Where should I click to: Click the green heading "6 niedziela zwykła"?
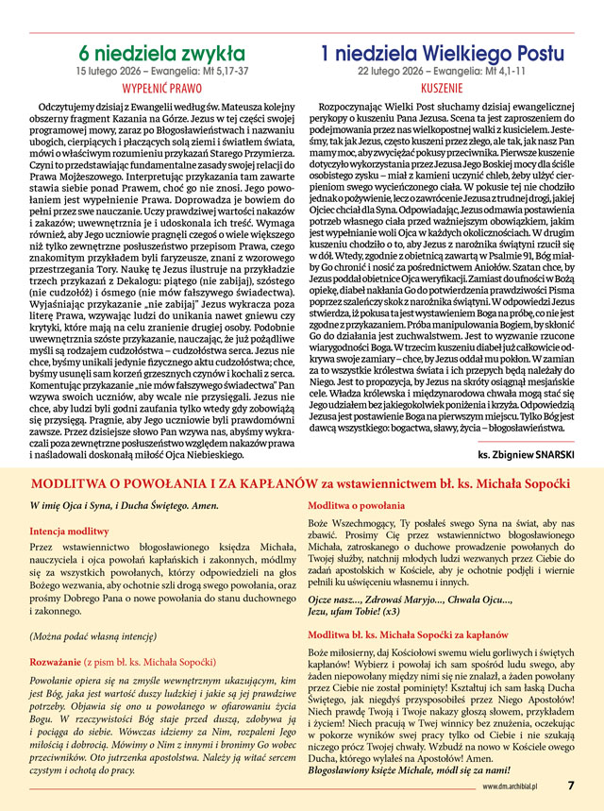tap(161, 54)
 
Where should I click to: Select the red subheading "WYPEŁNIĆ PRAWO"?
tap(161, 86)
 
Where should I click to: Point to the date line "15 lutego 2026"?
tap(112, 71)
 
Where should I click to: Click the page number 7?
tap(570, 785)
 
